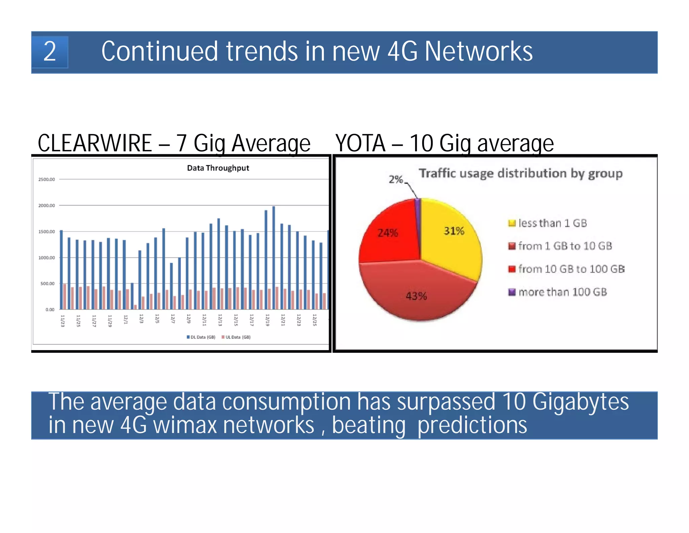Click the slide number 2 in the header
(x=50, y=52)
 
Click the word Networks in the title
(x=478, y=52)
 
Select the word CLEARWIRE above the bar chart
(x=95, y=143)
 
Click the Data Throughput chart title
(x=218, y=168)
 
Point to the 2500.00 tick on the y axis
(x=46, y=180)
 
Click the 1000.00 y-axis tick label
(x=46, y=258)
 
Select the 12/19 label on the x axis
(x=267, y=320)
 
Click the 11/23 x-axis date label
(x=63, y=321)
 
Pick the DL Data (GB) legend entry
(x=201, y=337)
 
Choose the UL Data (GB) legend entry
(x=236, y=337)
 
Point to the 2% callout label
(x=396, y=179)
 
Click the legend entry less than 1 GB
(x=552, y=223)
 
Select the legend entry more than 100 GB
(x=562, y=292)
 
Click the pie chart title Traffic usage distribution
(x=520, y=173)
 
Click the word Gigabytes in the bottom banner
(x=580, y=402)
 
